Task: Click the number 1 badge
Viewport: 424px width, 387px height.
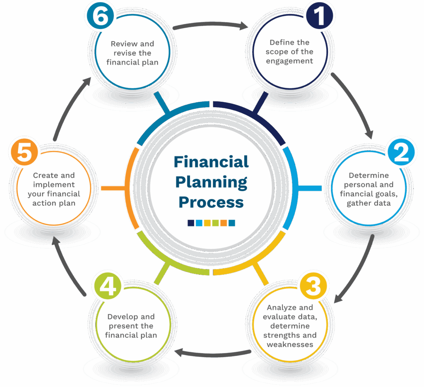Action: coord(320,15)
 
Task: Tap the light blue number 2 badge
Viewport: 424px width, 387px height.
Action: coord(401,152)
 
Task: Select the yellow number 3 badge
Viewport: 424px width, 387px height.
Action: coord(313,286)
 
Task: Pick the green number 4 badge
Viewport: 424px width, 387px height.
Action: coord(108,286)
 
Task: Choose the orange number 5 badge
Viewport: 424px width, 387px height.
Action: coord(24,152)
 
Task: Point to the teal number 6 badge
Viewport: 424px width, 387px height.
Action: coord(100,15)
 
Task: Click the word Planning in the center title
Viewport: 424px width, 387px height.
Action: coord(211,183)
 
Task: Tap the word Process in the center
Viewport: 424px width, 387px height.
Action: coord(211,202)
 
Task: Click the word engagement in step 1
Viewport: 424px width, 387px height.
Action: coord(289,61)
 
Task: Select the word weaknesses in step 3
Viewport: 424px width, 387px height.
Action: coord(290,344)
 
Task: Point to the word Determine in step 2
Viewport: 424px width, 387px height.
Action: coord(369,175)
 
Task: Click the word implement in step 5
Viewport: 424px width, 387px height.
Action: coord(54,185)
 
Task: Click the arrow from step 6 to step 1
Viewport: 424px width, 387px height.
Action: coord(210,24)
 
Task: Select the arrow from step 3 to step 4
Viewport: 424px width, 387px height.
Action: coord(212,354)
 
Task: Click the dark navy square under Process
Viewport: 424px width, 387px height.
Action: coord(191,223)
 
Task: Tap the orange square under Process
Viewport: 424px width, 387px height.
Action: coord(224,223)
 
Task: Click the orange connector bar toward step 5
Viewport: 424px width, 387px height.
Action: coord(113,188)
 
